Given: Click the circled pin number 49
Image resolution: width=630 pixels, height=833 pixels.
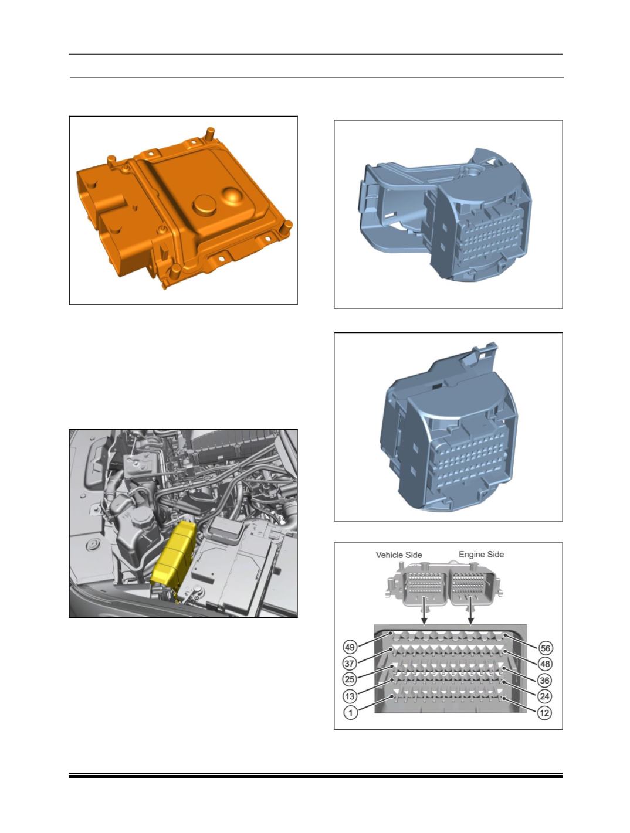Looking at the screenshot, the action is (x=350, y=646).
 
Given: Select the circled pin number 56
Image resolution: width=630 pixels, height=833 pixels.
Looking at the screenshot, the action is (x=544, y=648).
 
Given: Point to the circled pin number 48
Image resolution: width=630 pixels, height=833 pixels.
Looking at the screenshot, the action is (x=544, y=664).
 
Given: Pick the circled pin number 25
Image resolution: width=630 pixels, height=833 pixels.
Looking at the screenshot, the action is (x=350, y=679).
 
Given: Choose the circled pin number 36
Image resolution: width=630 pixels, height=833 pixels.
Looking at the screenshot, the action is (x=544, y=680).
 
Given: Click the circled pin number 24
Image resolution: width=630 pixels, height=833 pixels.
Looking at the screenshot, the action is (x=544, y=696).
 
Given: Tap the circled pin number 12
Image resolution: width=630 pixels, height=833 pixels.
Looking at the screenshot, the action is (x=544, y=713).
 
